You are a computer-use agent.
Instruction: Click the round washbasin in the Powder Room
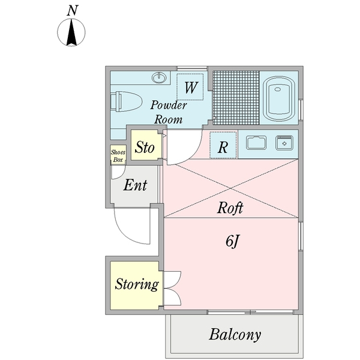[160, 77]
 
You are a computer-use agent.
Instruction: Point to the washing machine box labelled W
[191, 87]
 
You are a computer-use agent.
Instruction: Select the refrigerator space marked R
[222, 146]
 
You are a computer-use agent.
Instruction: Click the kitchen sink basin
[257, 143]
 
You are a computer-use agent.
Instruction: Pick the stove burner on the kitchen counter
[283, 143]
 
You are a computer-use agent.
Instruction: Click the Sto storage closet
[145, 147]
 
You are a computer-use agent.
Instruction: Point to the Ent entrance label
[135, 186]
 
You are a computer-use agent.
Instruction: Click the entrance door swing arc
[132, 228]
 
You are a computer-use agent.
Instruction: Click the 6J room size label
[233, 241]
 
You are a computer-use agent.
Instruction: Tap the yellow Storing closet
[137, 284]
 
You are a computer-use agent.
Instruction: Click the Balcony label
[235, 334]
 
